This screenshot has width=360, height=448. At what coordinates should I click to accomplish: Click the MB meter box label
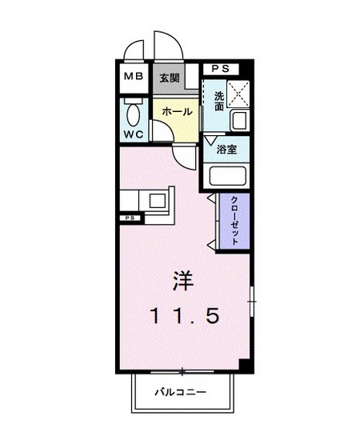134,78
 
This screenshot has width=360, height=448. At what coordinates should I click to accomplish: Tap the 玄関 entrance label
168,78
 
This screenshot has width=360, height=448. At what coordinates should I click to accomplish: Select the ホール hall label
176,112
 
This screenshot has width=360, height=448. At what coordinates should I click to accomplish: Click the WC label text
133,134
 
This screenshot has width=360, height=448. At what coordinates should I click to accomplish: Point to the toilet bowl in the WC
133,111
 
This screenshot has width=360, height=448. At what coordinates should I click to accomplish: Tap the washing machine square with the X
237,94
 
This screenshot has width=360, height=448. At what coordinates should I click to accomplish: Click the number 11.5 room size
183,316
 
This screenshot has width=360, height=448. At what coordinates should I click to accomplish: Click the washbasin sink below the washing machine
238,122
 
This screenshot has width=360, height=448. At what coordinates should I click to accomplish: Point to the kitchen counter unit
148,200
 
